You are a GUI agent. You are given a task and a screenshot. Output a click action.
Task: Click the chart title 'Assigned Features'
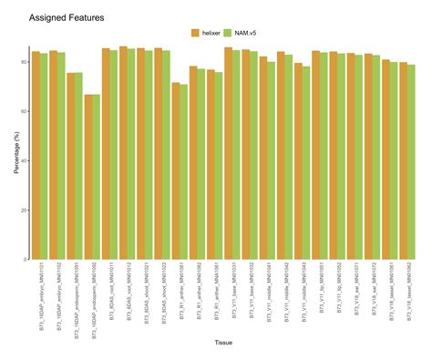click(67, 17)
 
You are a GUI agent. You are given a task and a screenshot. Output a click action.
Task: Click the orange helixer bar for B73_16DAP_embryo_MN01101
click(36, 155)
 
